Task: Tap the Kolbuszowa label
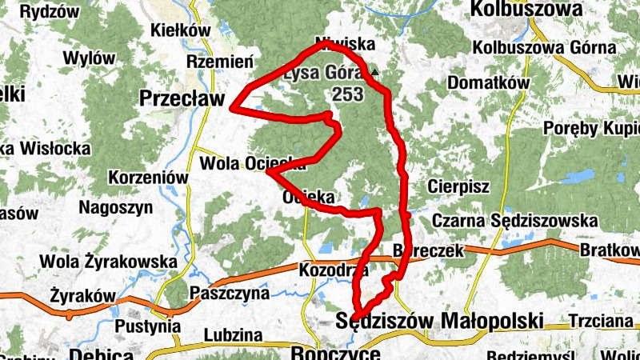pyautogui.click(x=526, y=9)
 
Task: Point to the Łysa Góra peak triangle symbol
pyautogui.click(x=374, y=73)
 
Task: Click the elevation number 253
pyautogui.click(x=348, y=94)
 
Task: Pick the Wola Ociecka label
pyautogui.click(x=252, y=163)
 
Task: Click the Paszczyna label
pyautogui.click(x=230, y=294)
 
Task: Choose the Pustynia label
pyautogui.click(x=143, y=326)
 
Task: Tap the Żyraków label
pyautogui.click(x=82, y=295)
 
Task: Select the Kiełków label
pyautogui.click(x=180, y=30)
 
